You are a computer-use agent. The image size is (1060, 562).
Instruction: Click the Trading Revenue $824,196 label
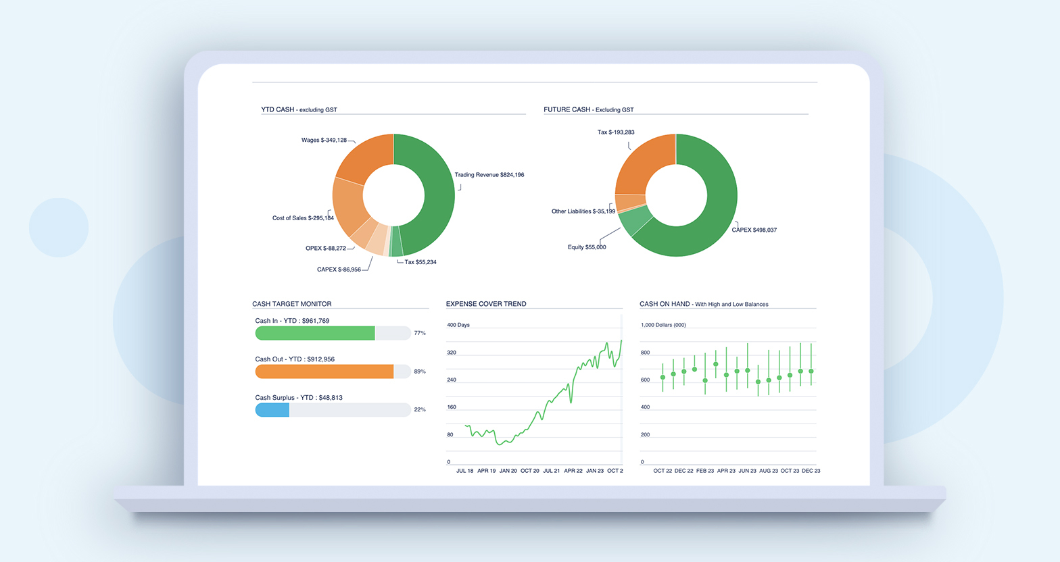point(489,175)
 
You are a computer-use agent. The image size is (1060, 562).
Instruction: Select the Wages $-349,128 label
point(324,140)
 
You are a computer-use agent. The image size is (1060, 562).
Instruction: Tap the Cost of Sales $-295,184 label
point(303,218)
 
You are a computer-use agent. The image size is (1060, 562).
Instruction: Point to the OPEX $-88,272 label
point(326,248)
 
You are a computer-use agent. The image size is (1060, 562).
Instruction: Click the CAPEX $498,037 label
point(754,230)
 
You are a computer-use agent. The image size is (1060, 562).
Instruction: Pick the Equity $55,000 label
point(587,247)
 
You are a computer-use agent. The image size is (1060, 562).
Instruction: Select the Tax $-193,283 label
point(616,132)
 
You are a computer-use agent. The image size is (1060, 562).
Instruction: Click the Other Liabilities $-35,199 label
point(583,211)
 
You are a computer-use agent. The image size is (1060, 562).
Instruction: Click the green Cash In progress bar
point(315,333)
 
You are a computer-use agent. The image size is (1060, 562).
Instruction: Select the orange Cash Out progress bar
point(324,372)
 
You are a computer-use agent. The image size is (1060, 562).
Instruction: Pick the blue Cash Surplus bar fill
point(272,410)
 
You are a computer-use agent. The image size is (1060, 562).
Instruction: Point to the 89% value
point(420,372)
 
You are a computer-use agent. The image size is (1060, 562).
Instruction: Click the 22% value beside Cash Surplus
point(420,410)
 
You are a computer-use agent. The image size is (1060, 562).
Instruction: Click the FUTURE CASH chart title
point(588,109)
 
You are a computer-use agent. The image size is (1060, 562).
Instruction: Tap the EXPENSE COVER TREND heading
point(486,304)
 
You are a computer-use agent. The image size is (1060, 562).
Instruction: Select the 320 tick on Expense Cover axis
point(452,353)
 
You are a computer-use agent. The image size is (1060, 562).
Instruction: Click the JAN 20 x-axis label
point(508,471)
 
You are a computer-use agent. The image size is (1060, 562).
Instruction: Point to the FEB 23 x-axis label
point(704,471)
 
